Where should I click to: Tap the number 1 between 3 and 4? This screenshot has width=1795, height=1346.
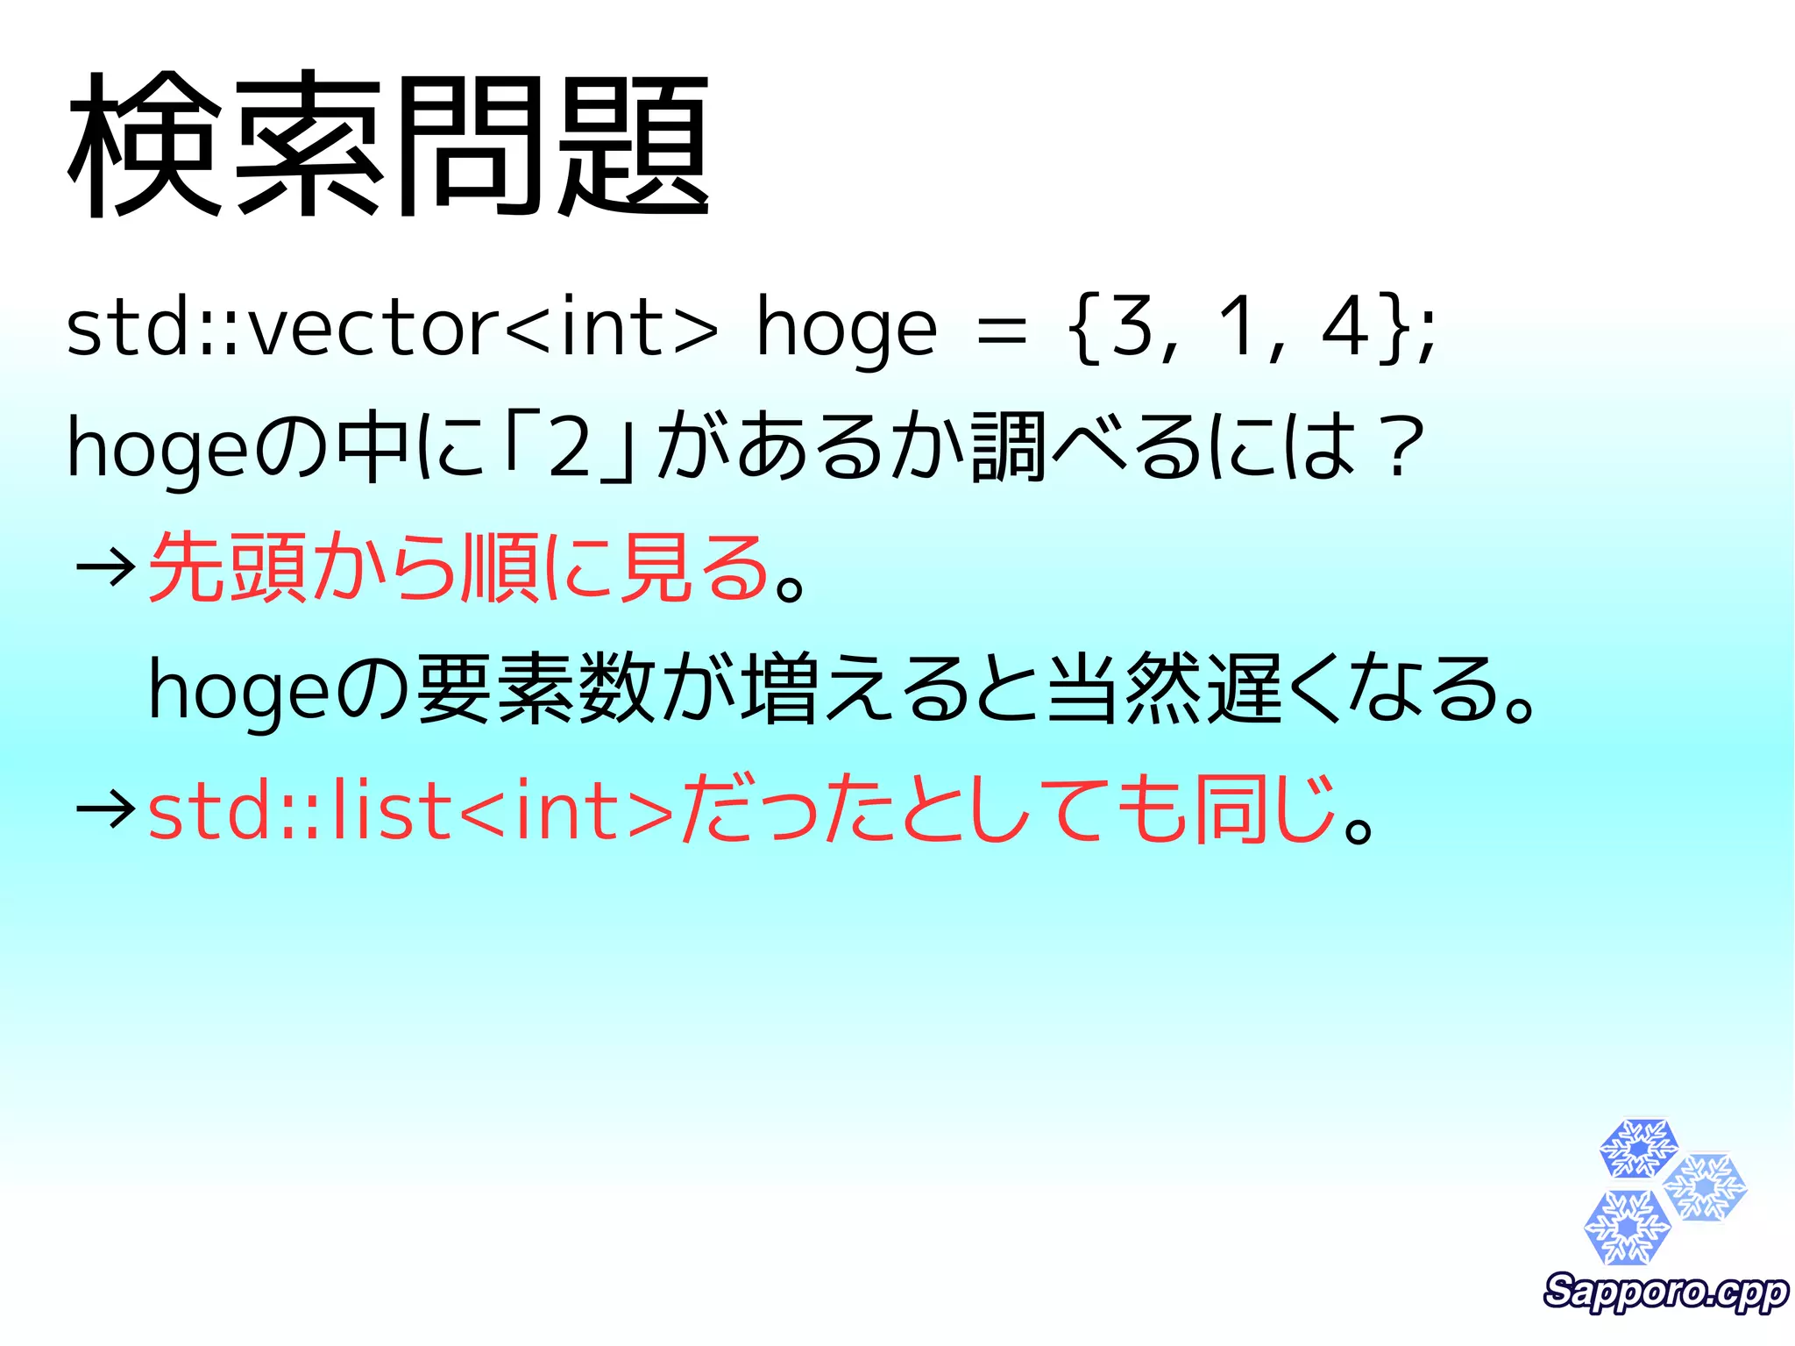[1238, 327]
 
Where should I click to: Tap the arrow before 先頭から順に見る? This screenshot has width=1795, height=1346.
[105, 568]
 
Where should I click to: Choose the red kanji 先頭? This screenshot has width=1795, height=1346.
[228, 568]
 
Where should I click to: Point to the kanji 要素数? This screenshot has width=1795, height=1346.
[536, 689]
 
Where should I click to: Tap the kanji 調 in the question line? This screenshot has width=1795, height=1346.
[1008, 447]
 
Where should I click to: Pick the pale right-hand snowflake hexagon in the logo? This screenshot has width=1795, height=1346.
[1706, 1187]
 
